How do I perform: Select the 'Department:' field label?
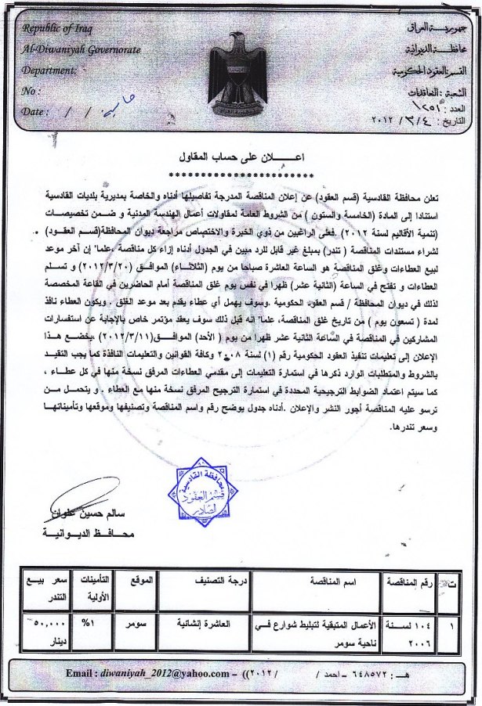tap(50, 70)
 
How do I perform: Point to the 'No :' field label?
tap(33, 91)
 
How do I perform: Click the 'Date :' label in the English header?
tap(36, 112)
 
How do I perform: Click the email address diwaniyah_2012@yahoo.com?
tap(139, 672)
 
